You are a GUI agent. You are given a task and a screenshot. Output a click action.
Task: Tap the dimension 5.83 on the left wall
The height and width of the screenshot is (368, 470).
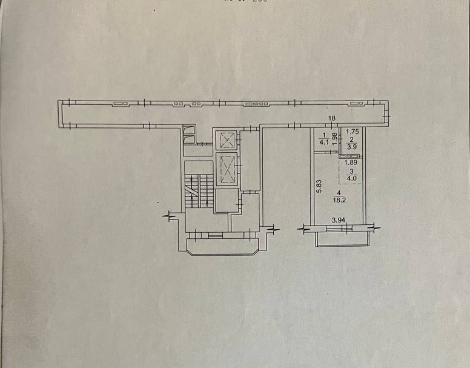pos(318,185)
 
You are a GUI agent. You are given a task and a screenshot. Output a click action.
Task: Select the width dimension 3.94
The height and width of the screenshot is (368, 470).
pos(338,221)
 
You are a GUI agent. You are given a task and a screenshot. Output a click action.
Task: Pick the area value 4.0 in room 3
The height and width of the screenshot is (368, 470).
pos(351,178)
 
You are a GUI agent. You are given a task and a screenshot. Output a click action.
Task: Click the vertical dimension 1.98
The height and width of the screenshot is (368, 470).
pos(334,144)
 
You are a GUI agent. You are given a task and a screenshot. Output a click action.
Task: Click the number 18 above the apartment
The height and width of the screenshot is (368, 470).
pos(332,119)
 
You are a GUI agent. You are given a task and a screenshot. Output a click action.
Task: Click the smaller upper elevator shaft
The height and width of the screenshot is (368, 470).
pos(227,141)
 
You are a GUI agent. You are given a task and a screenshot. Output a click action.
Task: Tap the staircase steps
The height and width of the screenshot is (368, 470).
pos(193,190)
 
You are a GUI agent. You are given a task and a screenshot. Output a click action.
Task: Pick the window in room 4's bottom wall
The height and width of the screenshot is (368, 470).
pos(338,229)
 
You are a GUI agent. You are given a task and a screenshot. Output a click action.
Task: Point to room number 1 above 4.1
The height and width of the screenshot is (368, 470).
pos(325,136)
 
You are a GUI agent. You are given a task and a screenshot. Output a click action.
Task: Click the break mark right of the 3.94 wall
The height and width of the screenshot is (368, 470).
pos(373,229)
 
